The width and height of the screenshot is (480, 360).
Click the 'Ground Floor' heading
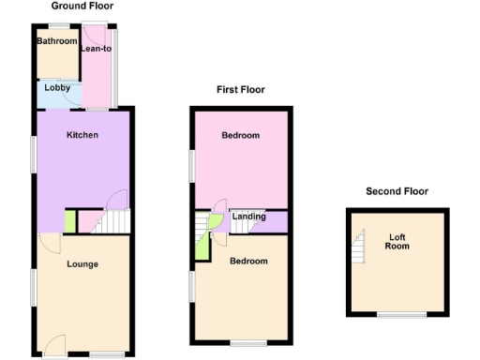click(x=82, y=7)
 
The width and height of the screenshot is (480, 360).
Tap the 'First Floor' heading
click(x=241, y=90)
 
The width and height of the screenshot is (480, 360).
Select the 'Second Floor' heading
click(x=397, y=191)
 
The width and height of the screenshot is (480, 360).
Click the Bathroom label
click(x=57, y=41)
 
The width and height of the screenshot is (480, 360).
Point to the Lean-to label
click(x=97, y=51)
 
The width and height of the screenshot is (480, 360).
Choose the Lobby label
click(x=57, y=89)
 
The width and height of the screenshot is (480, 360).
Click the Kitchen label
click(x=82, y=135)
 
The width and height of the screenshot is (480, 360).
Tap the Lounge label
click(x=82, y=264)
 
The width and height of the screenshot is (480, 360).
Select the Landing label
click(x=247, y=217)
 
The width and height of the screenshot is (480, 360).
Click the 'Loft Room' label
click(x=398, y=243)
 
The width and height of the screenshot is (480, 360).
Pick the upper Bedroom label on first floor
click(x=241, y=136)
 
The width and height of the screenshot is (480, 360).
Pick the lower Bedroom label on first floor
click(x=248, y=261)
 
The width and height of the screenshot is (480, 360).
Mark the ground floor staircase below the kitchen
click(x=112, y=221)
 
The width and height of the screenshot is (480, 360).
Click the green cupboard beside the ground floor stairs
click(x=69, y=222)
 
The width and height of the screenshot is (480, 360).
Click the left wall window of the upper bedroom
click(x=191, y=166)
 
